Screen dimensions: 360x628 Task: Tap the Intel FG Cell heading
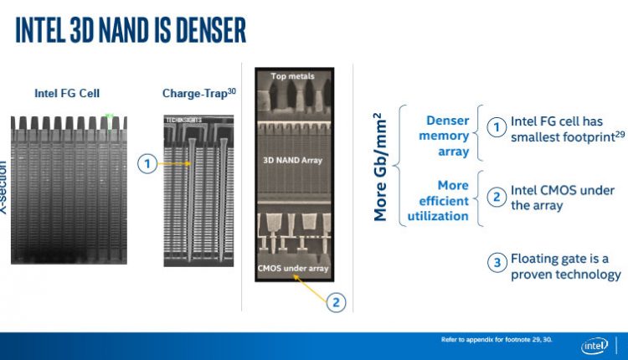[68, 94]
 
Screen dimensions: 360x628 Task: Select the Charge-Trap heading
[197, 94]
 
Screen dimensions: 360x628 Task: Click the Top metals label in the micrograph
[291, 77]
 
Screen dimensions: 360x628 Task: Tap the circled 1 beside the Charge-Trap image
[147, 164]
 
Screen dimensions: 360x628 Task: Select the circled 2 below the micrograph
[335, 302]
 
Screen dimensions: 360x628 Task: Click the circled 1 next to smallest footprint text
[497, 127]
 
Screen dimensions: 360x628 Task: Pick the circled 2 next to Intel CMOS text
[497, 197]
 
